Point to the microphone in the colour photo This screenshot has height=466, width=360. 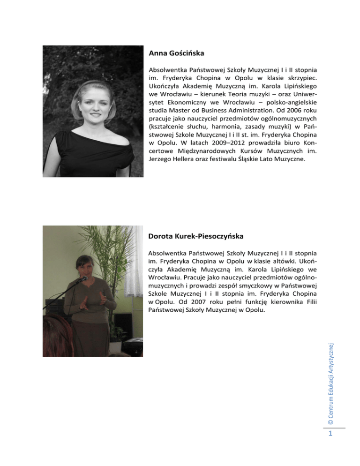click(x=82, y=279)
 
